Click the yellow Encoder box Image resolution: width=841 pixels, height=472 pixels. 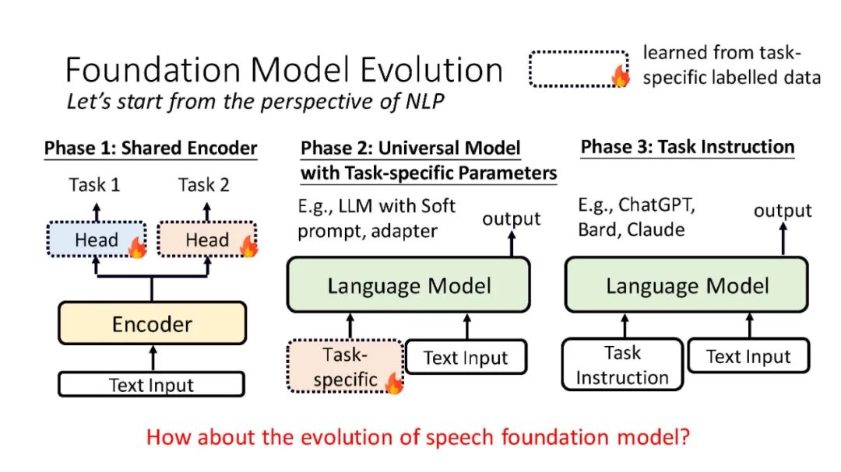[153, 323]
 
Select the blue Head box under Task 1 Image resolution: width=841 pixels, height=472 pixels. [97, 239]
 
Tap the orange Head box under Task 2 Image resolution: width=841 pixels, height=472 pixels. [207, 239]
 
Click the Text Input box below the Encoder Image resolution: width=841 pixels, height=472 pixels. [151, 385]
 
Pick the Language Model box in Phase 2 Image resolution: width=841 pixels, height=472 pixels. [409, 285]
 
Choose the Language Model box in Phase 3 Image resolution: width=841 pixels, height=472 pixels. [687, 285]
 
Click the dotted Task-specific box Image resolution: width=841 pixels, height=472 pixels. [345, 366]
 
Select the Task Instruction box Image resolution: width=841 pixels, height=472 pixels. [622, 365]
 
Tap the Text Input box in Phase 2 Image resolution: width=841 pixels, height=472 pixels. [466, 357]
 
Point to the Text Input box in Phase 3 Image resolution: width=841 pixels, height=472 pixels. [748, 355]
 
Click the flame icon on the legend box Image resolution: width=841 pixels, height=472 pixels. [621, 76]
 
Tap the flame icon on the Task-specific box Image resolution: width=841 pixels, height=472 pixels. [394, 383]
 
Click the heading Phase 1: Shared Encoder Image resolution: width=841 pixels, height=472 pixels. [151, 148]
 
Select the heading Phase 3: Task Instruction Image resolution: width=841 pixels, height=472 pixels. [688, 147]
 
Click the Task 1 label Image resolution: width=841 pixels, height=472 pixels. [94, 185]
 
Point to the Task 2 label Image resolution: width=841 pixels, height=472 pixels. [204, 185]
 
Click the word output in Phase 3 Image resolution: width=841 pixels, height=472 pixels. [783, 211]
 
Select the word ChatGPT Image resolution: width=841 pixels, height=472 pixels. [656, 205]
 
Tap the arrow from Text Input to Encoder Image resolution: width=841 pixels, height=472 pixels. [153, 358]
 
